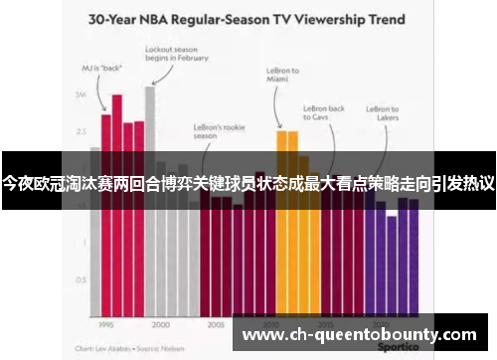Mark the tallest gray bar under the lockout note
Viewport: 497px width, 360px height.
[150, 199]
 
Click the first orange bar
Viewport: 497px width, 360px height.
[281, 219]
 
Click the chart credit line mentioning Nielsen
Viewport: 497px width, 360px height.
[117, 349]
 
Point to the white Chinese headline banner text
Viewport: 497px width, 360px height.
[248, 185]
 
